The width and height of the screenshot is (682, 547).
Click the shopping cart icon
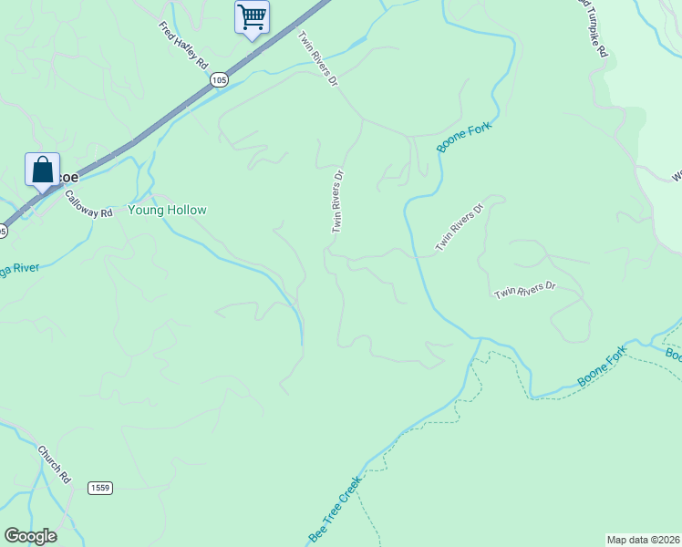[252, 16]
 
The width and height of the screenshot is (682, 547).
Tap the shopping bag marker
[42, 170]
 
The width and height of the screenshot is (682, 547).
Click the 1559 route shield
[100, 488]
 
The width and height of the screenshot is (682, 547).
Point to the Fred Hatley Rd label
[183, 44]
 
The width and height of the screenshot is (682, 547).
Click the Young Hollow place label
[167, 210]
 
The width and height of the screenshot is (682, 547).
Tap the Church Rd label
[54, 463]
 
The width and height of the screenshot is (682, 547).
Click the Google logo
[30, 535]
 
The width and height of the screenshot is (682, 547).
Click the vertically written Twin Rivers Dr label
[337, 201]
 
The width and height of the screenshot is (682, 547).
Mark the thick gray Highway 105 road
[164, 121]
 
